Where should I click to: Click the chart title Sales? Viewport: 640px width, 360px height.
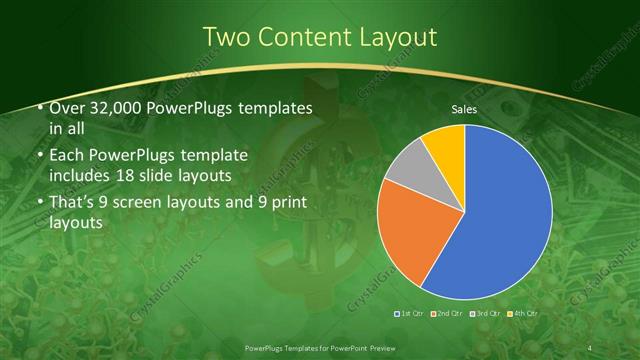click(x=464, y=109)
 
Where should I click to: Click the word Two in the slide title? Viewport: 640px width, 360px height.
click(x=228, y=37)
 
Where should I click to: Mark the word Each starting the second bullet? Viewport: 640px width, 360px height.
click(x=67, y=156)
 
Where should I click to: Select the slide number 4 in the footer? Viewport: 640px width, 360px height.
click(x=592, y=346)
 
